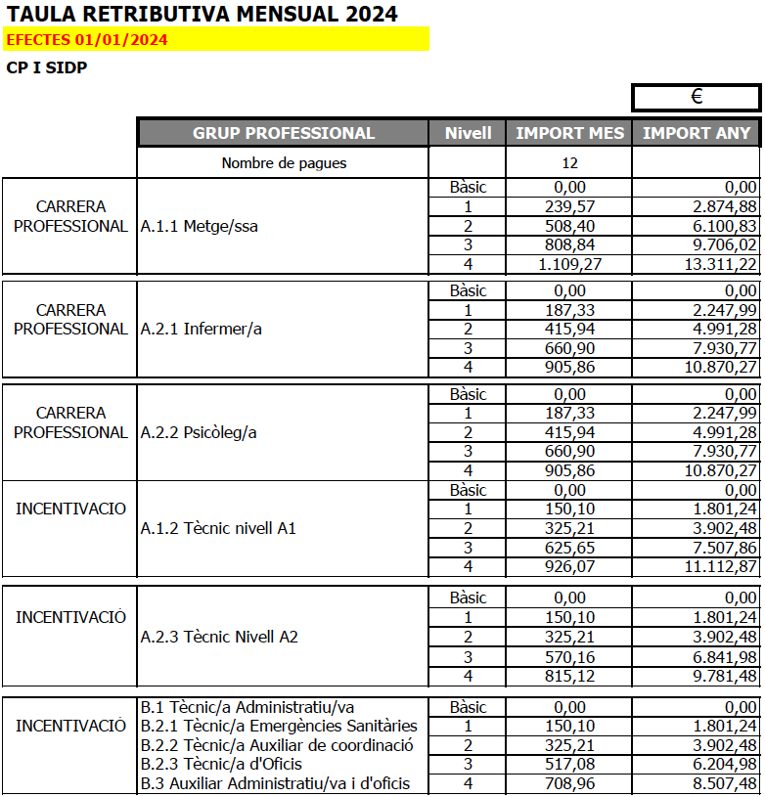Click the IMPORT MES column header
pos(569,133)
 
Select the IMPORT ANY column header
pos(697,133)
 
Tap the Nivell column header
pos(468,133)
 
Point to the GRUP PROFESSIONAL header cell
pos(284,133)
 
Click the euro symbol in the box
pos(697,97)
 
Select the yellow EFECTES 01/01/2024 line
pos(87,40)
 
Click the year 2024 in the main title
pos(364,14)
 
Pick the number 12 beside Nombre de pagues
pos(569,162)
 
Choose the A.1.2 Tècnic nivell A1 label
pos(218,529)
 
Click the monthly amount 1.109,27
pos(569,264)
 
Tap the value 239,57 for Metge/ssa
pos(569,206)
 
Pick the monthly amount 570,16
pos(569,656)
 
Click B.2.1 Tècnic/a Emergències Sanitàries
pos(279,726)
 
